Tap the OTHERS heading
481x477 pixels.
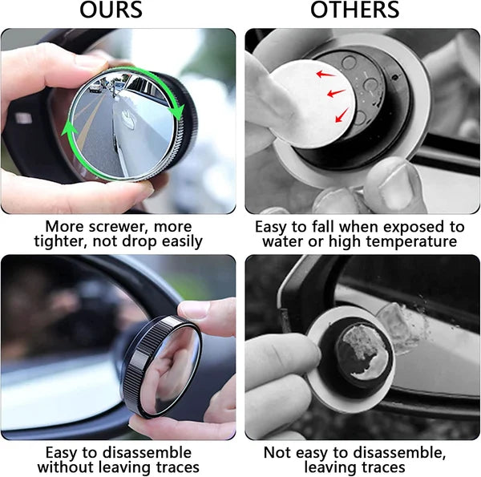click(x=356, y=11)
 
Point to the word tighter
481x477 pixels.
click(x=65, y=241)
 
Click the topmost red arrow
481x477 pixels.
click(x=325, y=75)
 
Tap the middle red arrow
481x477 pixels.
click(x=336, y=94)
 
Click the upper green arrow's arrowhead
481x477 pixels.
click(x=179, y=112)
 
